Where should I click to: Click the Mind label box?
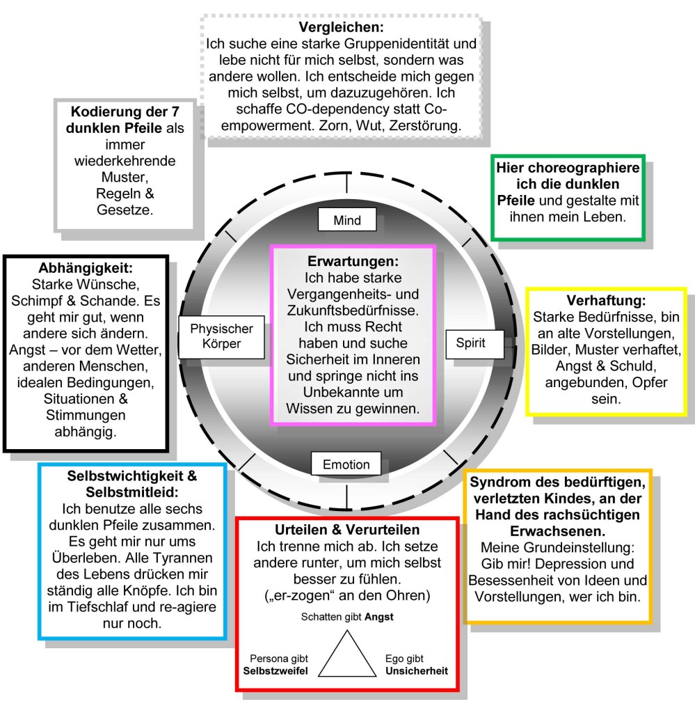pyautogui.click(x=347, y=221)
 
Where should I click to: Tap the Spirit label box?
pyautogui.click(x=470, y=343)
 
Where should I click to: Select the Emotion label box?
pyautogui.click(x=346, y=464)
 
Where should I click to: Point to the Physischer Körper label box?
pyautogui.click(x=221, y=336)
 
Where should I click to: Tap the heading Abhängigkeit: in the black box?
pyautogui.click(x=87, y=268)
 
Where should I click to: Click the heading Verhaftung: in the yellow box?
pyautogui.click(x=606, y=301)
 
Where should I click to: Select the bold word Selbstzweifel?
pyautogui.click(x=275, y=671)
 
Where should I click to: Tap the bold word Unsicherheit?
pyautogui.click(x=417, y=671)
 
